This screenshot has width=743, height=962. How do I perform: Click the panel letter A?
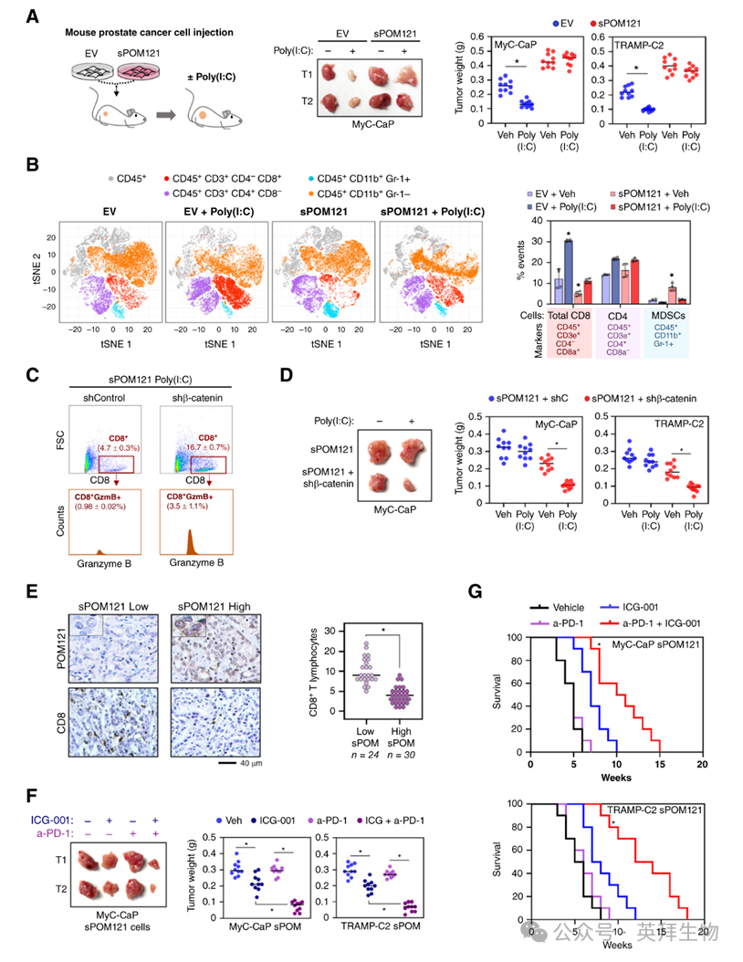[x=31, y=15]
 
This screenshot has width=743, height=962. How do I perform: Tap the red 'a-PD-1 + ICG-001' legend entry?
[x=654, y=622]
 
